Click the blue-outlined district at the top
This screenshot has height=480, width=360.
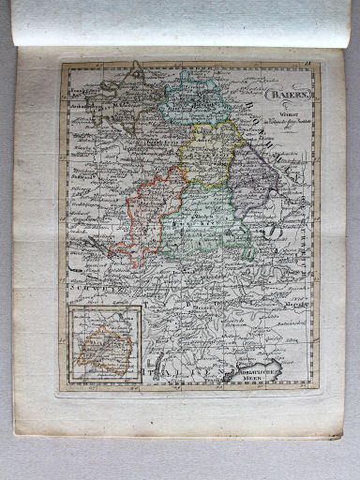(191, 100)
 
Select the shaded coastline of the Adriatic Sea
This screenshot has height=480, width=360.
(272, 361)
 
